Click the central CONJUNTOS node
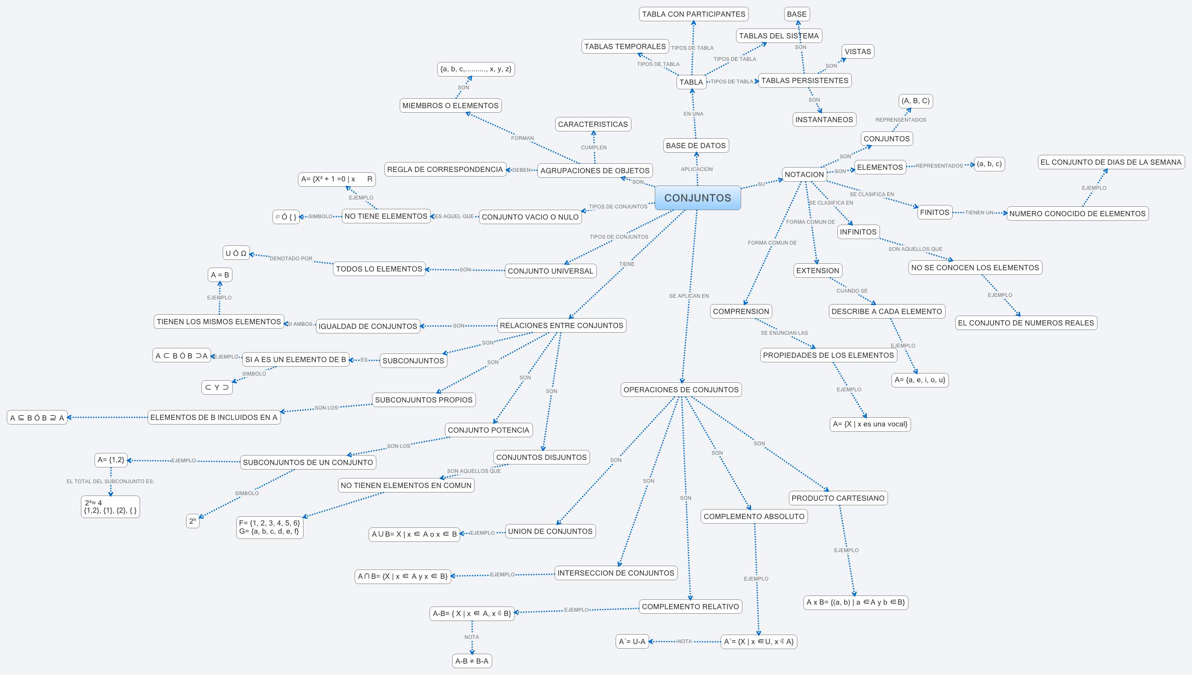[697, 198]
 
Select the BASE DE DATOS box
[696, 145]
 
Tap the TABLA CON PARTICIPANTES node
[693, 14]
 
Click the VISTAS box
[857, 51]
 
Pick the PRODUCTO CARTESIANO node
[837, 498]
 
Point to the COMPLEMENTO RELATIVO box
[690, 607]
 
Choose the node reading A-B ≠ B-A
[471, 661]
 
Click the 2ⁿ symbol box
[192, 521]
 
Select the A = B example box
[220, 275]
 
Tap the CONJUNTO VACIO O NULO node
[530, 217]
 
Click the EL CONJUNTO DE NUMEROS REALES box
[1026, 323]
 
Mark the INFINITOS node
[858, 232]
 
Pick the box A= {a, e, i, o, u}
[920, 380]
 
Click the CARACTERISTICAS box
[593, 124]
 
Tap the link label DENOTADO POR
[291, 259]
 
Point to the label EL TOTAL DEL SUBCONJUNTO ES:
[110, 481]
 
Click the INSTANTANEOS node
[824, 120]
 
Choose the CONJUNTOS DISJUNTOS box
[541, 458]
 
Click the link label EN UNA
[693, 114]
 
